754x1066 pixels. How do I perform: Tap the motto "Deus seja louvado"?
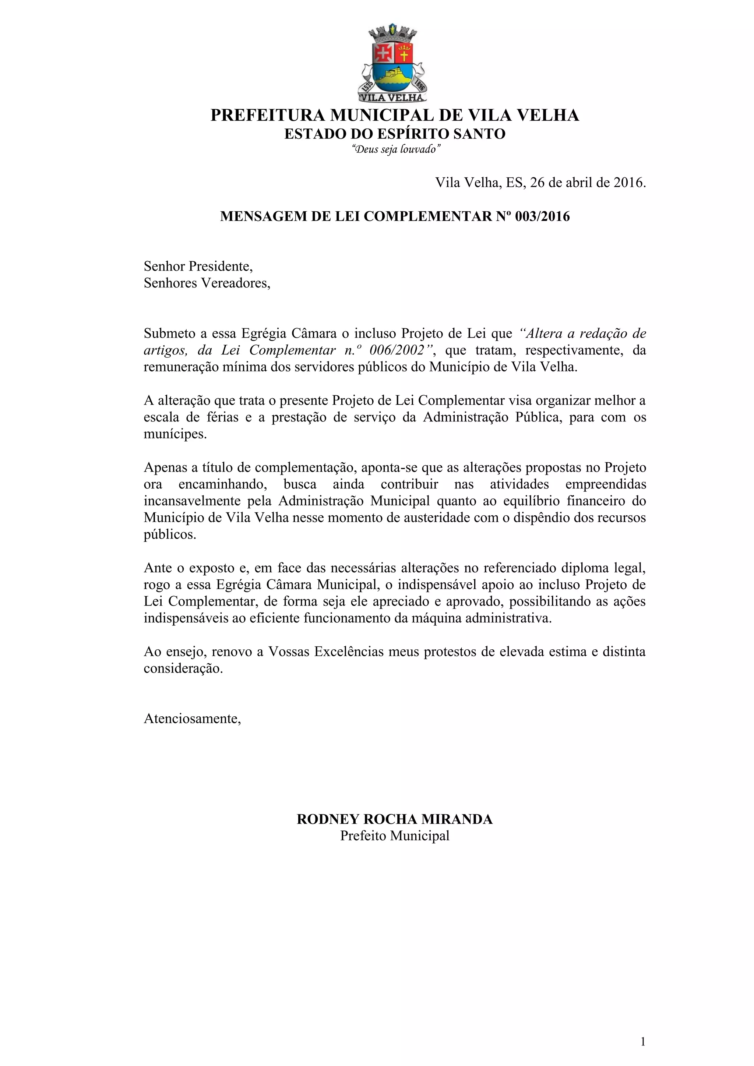[395, 149]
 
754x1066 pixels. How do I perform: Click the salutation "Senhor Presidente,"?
[198, 266]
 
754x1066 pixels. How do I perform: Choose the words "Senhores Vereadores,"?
[207, 283]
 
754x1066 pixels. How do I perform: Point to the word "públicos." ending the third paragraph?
[170, 534]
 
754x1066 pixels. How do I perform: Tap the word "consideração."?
[183, 668]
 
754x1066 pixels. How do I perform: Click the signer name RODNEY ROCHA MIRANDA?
[395, 819]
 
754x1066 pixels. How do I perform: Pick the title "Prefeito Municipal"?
[395, 836]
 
